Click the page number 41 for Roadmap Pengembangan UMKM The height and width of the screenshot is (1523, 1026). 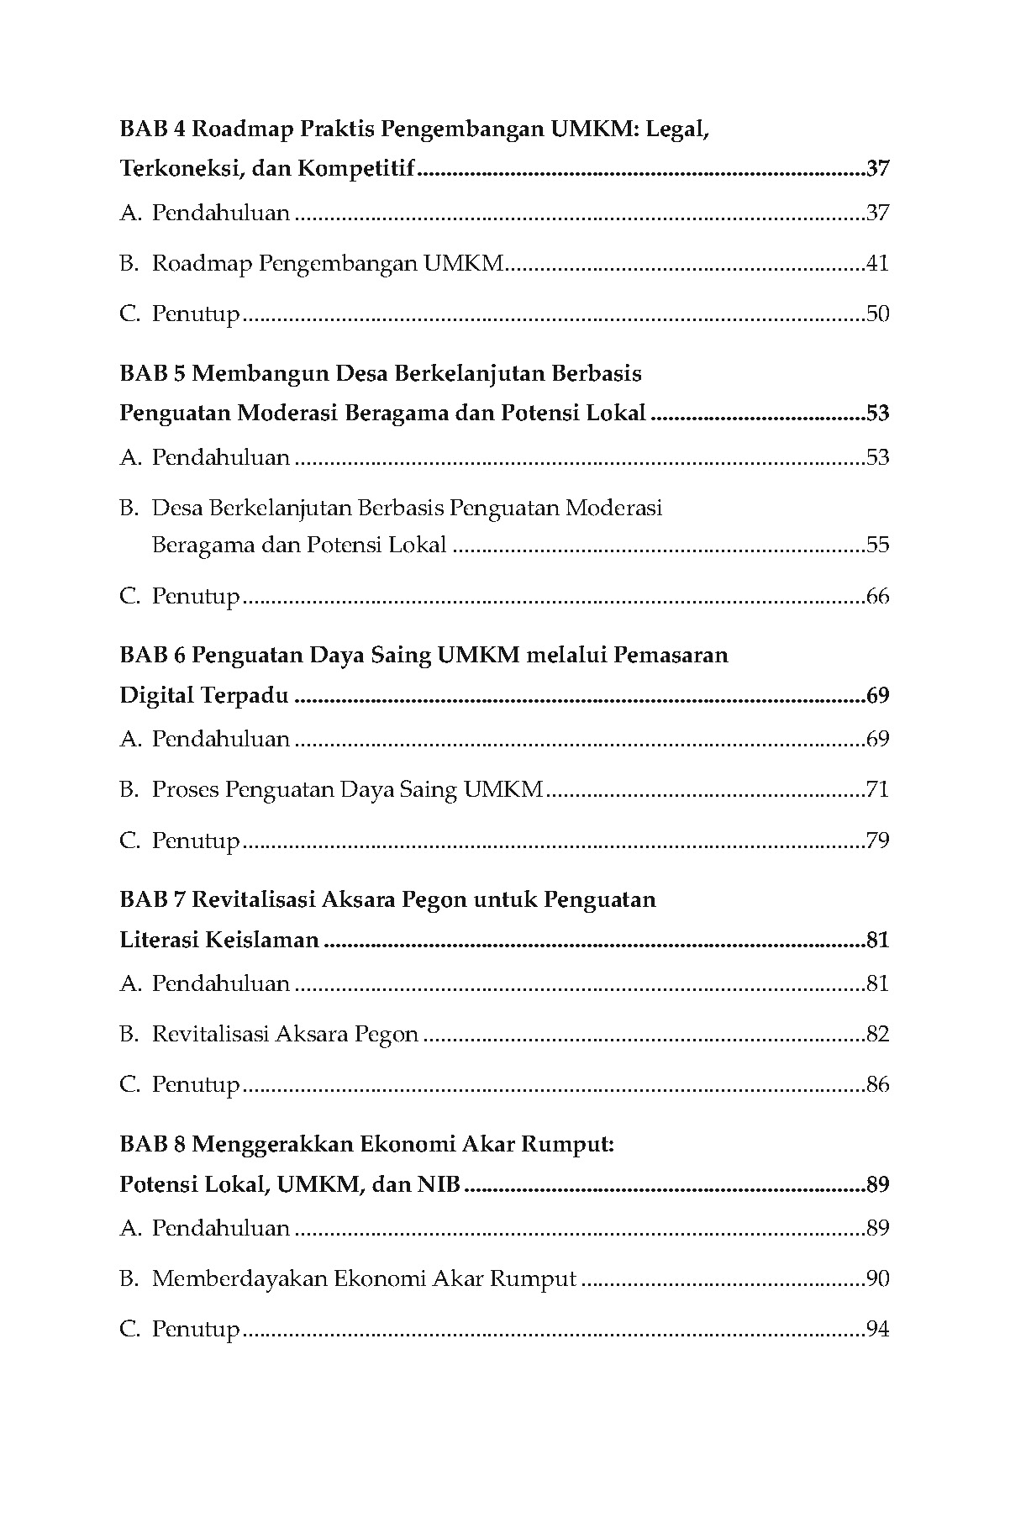click(877, 264)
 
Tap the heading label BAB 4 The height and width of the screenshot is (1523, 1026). click(152, 129)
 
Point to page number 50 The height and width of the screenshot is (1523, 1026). click(877, 314)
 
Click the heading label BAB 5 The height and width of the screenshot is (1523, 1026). click(152, 373)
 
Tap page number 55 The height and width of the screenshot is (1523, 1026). click(877, 545)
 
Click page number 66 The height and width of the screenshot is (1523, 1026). click(877, 597)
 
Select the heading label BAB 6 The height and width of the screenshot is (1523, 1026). click(152, 655)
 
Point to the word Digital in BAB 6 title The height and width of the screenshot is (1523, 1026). click(157, 696)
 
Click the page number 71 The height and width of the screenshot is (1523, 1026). click(877, 790)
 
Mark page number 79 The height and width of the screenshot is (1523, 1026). click(877, 841)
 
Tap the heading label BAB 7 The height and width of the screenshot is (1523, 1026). click(152, 899)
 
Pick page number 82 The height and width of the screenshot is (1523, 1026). click(877, 1034)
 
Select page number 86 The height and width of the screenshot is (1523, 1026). click(877, 1084)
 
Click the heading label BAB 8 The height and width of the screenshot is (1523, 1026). click(152, 1144)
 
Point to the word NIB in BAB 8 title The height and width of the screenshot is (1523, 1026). click(438, 1184)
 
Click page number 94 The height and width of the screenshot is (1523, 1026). click(877, 1330)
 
